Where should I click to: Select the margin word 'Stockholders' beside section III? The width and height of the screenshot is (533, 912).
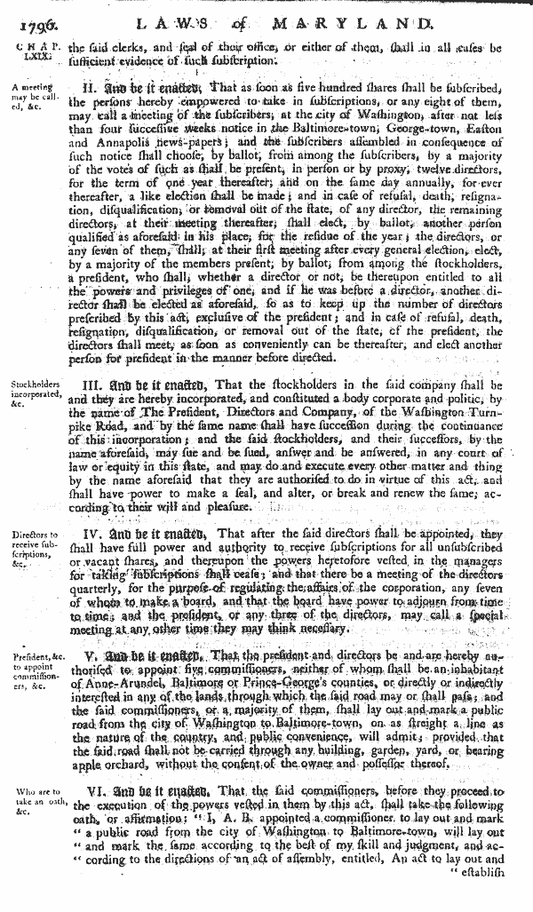[x=33, y=385]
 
